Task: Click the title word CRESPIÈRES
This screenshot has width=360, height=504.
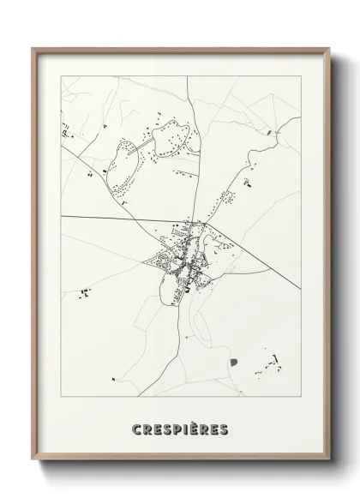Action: [180, 427]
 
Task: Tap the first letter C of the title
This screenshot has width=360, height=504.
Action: [137, 427]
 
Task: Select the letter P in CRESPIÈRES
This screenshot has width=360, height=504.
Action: [175, 427]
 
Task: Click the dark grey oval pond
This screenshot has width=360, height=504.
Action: [232, 363]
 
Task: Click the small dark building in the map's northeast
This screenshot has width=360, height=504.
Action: [272, 133]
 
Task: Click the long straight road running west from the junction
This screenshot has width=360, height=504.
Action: [129, 219]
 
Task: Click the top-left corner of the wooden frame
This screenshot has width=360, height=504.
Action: [33, 49]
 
